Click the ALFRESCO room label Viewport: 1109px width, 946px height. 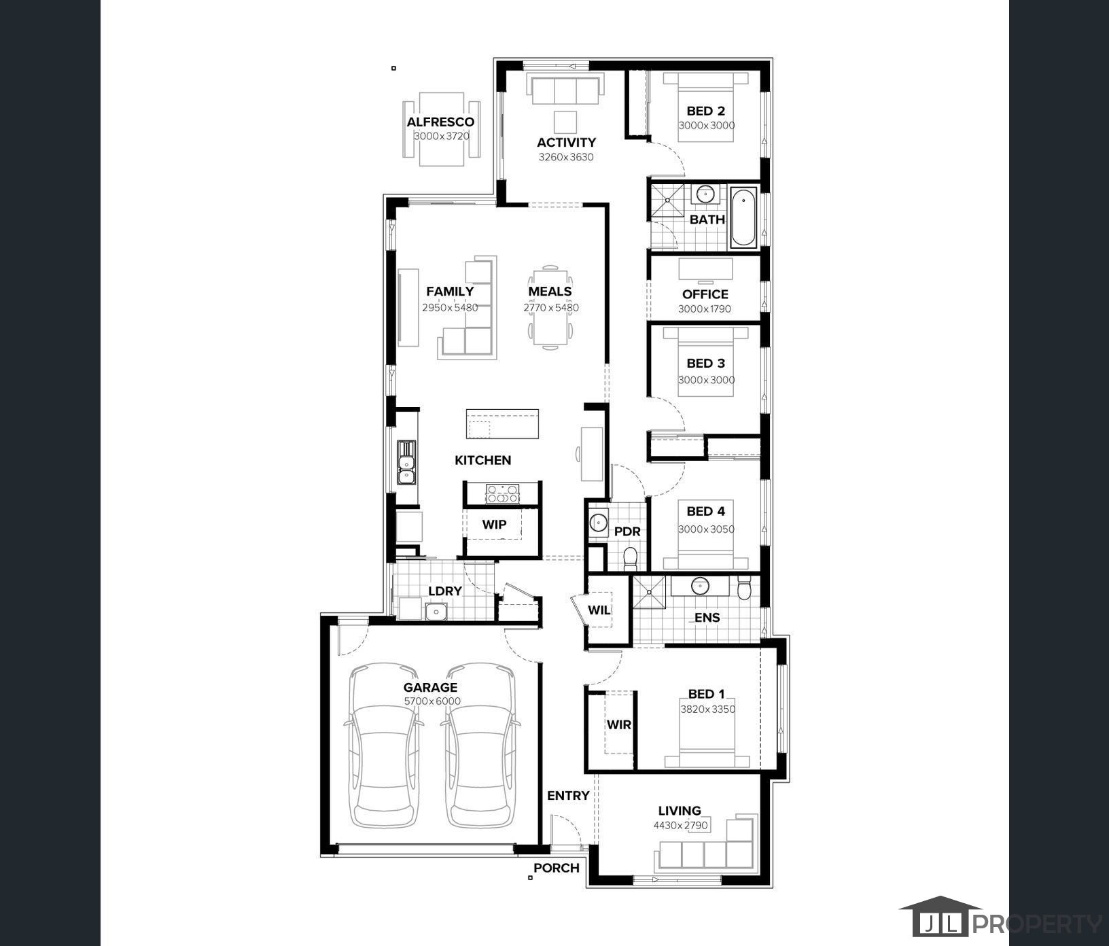pyautogui.click(x=440, y=122)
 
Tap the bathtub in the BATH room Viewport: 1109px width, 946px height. pyautogui.click(x=743, y=219)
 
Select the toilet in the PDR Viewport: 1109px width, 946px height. pyautogui.click(x=630, y=559)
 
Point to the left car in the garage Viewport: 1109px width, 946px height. pyautogui.click(x=383, y=745)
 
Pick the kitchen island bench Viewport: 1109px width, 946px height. pyautogui.click(x=502, y=424)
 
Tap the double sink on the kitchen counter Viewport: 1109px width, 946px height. pyautogui.click(x=406, y=462)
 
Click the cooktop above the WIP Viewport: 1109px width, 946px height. pyautogui.click(x=502, y=493)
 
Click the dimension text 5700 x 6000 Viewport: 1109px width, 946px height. pyautogui.click(x=432, y=701)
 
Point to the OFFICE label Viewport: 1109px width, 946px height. pyautogui.click(x=705, y=294)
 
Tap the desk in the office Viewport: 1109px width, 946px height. pyautogui.click(x=705, y=269)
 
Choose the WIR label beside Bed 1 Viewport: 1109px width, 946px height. pyautogui.click(x=618, y=724)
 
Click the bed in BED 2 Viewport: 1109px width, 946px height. pyautogui.click(x=706, y=107)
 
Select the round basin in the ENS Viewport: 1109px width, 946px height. pyautogui.click(x=701, y=585)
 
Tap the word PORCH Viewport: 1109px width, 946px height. pyautogui.click(x=557, y=868)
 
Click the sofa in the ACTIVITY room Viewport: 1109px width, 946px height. pyautogui.click(x=565, y=90)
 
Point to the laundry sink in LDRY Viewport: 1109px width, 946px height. pyautogui.click(x=435, y=612)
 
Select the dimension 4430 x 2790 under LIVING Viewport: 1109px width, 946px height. pyautogui.click(x=680, y=826)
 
